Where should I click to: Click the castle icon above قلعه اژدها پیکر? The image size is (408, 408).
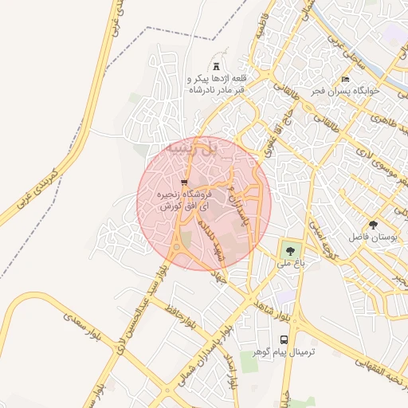(x=216, y=65)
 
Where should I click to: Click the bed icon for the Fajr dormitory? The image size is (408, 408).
(x=345, y=80)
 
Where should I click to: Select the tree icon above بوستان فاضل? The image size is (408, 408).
(x=373, y=224)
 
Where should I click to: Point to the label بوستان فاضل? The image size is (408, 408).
(x=372, y=237)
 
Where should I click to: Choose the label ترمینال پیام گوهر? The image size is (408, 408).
(x=284, y=352)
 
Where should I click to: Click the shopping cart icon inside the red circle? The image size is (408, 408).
(x=185, y=182)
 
